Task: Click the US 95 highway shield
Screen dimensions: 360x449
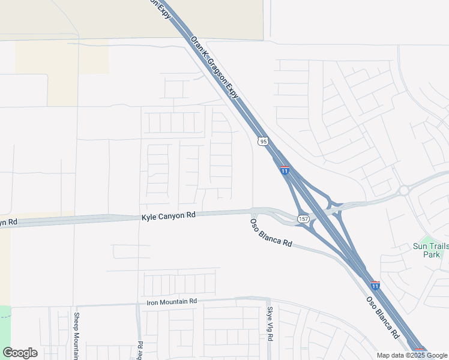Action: [x=263, y=142]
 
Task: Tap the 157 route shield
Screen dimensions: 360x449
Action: [x=304, y=220]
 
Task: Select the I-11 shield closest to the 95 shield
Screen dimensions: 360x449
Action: [x=285, y=171]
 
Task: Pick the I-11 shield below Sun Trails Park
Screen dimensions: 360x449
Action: [x=375, y=285]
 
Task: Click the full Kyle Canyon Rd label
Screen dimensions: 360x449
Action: [x=169, y=215]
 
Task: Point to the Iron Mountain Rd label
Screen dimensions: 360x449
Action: [x=172, y=302]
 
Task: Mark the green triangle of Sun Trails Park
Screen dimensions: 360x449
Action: [x=427, y=238]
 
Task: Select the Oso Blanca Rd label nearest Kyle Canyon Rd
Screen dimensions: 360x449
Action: [x=271, y=233]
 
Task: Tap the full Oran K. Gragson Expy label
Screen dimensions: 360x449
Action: [x=215, y=67]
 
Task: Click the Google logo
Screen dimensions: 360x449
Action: [x=20, y=353]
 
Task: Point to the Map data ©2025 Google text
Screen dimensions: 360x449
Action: [x=411, y=355]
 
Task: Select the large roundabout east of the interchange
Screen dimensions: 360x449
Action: [x=404, y=191]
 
